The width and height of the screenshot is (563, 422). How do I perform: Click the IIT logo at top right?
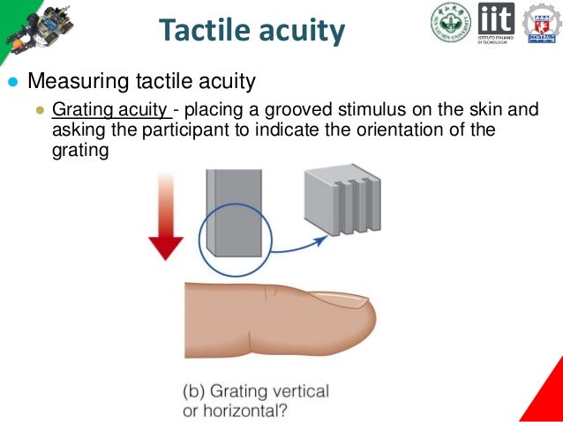(x=497, y=23)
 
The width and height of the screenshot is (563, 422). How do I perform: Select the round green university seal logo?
(x=450, y=23)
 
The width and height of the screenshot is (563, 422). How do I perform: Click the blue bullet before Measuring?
(x=12, y=83)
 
